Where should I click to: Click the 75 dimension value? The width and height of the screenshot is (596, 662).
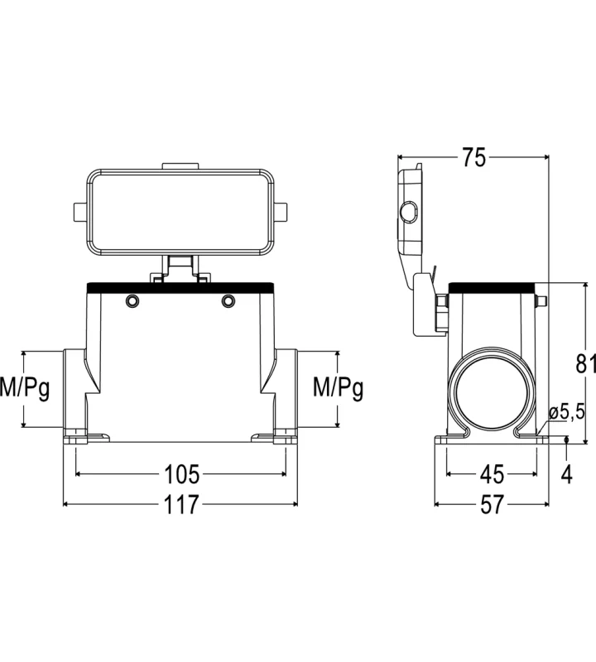click(x=473, y=157)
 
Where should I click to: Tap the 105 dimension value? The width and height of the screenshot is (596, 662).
click(x=181, y=473)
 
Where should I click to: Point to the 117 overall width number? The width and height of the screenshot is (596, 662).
click(x=180, y=504)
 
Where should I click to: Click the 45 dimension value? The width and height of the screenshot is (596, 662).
click(x=492, y=474)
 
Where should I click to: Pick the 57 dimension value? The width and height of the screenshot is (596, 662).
click(x=492, y=504)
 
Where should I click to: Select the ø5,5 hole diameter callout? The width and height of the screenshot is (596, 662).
click(x=567, y=411)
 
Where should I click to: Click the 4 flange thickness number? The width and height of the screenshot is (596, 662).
click(x=566, y=474)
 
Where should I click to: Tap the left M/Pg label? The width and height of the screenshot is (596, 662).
click(x=25, y=387)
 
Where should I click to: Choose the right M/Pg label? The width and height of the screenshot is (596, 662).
click(x=338, y=387)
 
